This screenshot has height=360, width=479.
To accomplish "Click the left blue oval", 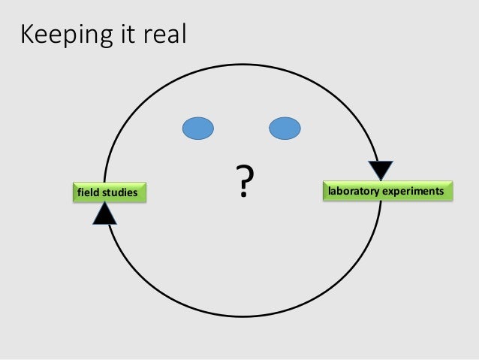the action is (x=198, y=129).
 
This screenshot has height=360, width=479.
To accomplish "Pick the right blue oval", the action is (x=285, y=129).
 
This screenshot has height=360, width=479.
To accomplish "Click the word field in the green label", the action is (x=89, y=194).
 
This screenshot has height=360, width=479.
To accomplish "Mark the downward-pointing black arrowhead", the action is (x=381, y=171).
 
